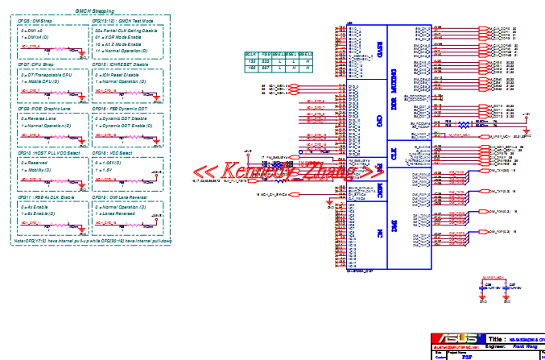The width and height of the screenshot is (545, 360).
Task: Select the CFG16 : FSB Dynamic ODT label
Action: (121, 107)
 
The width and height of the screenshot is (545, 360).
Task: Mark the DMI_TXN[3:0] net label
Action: (502, 171)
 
